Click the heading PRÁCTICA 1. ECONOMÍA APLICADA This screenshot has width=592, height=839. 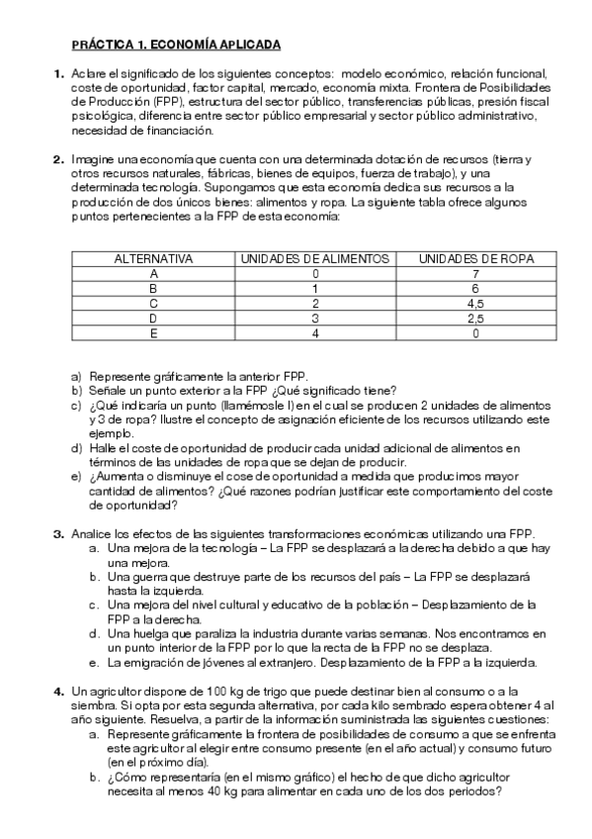[176, 45]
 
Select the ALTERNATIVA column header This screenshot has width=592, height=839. [153, 258]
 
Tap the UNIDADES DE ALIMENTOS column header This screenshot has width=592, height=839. [314, 258]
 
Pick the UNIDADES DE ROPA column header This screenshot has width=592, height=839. [476, 258]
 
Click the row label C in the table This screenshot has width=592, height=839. [153, 304]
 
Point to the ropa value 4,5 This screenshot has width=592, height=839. [476, 304]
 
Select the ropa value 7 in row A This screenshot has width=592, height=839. [476, 273]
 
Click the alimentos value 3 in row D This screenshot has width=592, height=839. [314, 319]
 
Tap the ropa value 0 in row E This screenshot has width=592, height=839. [476, 333]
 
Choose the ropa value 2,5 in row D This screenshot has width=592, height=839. [476, 319]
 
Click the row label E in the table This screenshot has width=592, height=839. [153, 333]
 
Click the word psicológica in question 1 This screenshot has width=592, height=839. [99, 115]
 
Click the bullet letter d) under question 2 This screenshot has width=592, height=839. [76, 448]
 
